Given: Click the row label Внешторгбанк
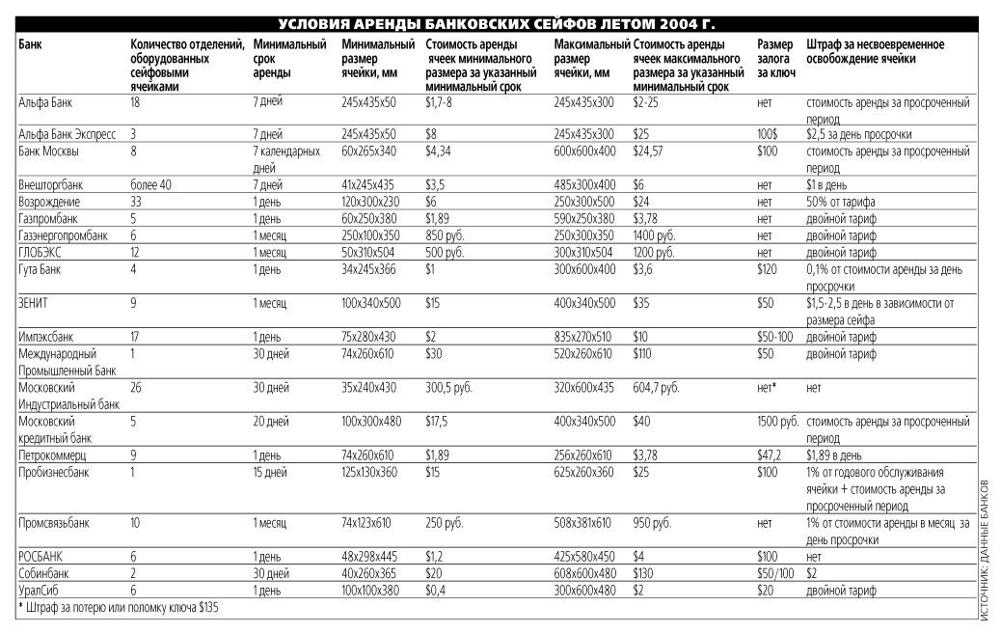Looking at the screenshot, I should click(50, 184).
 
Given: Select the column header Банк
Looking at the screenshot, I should click(30, 45).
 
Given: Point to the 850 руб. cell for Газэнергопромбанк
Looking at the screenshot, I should click(445, 234).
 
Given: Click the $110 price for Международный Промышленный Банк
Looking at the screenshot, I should click(645, 354).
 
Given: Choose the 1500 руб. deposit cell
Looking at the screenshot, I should click(777, 422).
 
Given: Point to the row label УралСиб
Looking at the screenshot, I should click(39, 590).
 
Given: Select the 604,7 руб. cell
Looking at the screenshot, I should click(656, 388).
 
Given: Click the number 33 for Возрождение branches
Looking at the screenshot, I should click(136, 202).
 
